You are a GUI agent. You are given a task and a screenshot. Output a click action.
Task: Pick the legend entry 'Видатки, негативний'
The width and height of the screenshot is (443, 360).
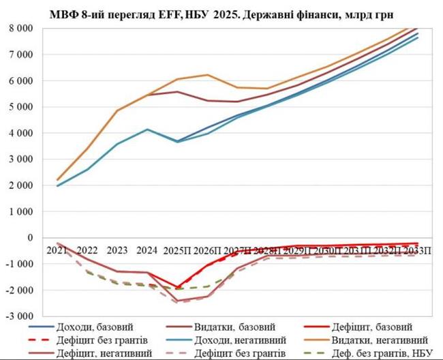382,340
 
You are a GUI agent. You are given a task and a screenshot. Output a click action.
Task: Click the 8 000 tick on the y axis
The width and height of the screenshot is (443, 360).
22,29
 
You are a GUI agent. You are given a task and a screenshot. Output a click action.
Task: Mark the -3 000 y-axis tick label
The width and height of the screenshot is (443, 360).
21,316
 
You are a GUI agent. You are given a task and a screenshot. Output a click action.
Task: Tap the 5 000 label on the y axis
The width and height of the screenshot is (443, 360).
22,107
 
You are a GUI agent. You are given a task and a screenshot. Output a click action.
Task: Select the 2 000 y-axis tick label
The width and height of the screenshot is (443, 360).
22,185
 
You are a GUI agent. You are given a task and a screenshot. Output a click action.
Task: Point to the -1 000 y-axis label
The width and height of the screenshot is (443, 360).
21,264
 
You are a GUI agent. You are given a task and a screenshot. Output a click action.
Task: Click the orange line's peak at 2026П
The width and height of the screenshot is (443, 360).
207,75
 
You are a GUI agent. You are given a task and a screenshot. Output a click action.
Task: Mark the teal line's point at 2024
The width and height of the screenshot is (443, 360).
147,129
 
